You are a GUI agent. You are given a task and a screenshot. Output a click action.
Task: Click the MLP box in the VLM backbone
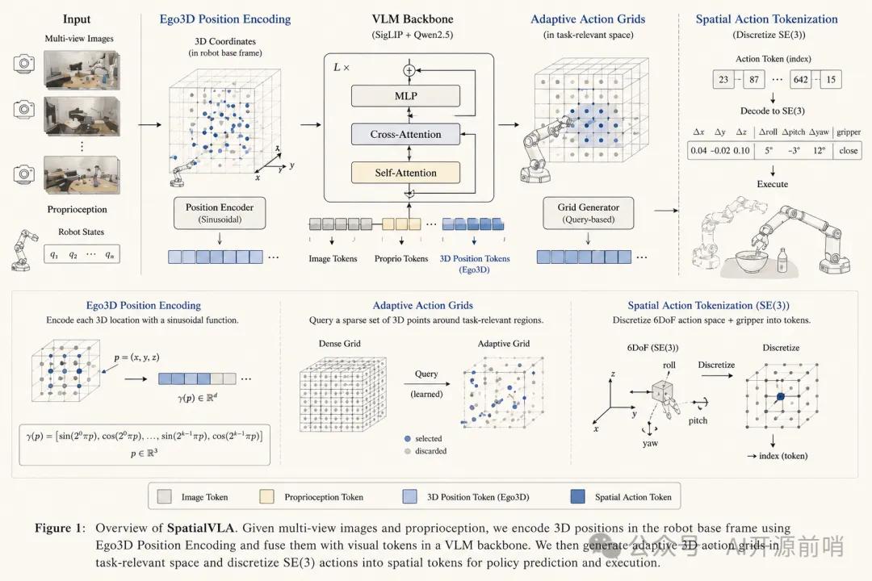[405, 96]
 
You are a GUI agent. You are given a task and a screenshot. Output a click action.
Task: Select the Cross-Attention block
[405, 134]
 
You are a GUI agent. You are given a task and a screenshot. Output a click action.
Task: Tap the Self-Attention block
[405, 173]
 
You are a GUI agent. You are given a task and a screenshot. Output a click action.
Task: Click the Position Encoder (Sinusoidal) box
[220, 213]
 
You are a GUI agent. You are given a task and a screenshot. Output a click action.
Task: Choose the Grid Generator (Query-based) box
[589, 213]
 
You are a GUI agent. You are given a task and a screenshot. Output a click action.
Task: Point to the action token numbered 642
[800, 80]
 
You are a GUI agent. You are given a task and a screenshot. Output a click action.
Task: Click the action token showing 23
[723, 80]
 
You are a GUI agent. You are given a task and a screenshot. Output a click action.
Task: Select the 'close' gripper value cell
[848, 151]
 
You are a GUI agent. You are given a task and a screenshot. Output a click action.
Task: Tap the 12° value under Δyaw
[820, 151]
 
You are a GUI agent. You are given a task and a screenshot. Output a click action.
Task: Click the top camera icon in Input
[24, 63]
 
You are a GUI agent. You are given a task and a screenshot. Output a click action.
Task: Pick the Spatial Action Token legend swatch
[578, 496]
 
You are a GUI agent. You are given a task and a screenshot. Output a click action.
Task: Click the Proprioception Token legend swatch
[267, 496]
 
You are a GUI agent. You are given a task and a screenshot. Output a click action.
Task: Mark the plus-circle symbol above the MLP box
[409, 71]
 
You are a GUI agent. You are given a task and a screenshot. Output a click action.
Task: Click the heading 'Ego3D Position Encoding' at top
[225, 19]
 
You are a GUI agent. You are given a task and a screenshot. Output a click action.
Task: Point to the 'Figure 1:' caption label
[60, 528]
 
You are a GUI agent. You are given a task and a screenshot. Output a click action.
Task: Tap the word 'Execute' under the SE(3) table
[773, 184]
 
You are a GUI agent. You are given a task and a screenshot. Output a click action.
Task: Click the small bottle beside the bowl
[782, 260]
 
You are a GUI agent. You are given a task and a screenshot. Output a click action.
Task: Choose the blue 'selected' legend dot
[408, 439]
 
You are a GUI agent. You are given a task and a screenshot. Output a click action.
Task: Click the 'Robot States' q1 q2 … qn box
[82, 254]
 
